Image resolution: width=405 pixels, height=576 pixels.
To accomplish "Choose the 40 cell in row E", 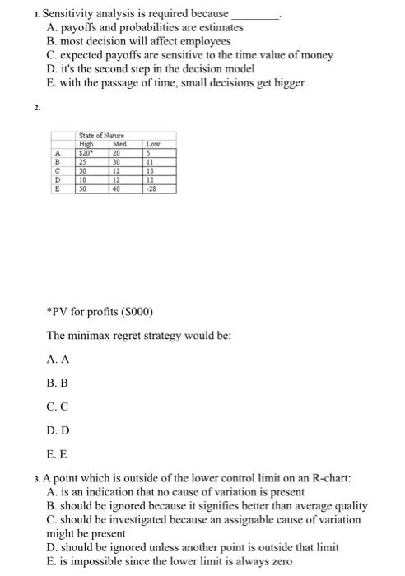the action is (x=116, y=188).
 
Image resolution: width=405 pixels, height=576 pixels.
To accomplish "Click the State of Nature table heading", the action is (x=100, y=136).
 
